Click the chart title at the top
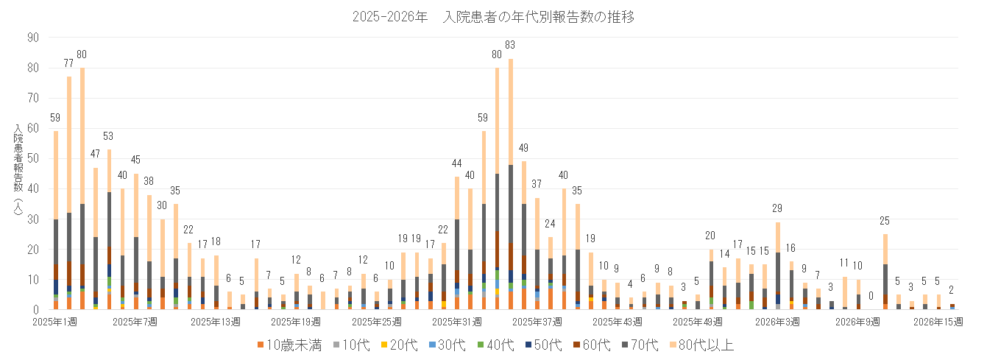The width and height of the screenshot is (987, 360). point(493,16)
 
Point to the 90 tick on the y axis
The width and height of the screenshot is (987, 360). point(35,37)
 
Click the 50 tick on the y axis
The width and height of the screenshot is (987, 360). point(35,158)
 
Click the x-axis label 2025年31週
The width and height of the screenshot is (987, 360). point(456,322)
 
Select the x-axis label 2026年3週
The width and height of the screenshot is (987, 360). point(779,322)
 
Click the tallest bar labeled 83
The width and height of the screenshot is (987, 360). point(511,184)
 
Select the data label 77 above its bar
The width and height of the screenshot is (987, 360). point(69,63)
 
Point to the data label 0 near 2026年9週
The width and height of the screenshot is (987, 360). point(871,296)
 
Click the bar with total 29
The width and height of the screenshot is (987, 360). point(778,265)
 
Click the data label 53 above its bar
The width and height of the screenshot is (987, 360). point(109,136)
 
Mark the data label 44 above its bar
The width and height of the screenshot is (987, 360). point(456,163)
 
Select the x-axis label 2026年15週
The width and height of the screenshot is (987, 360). point(939,322)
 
